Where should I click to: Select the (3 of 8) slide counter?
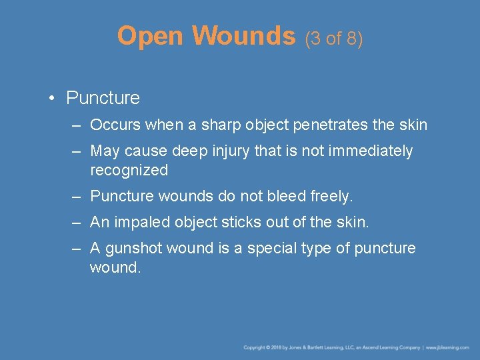coord(334,39)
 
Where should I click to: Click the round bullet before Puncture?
coord(51,99)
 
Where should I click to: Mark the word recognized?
coord(129,170)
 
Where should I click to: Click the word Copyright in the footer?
coord(255,347)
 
